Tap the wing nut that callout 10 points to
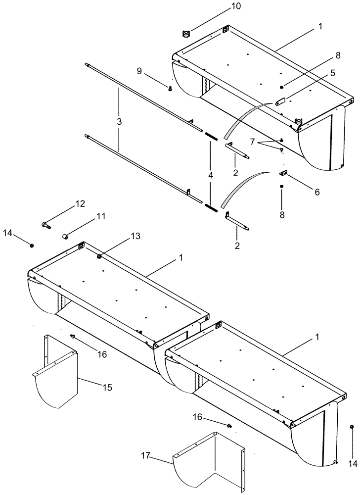(x=186, y=33)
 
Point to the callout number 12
(x=80, y=203)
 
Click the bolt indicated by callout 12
(x=47, y=225)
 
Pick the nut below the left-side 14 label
(x=32, y=245)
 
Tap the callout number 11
(x=101, y=216)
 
